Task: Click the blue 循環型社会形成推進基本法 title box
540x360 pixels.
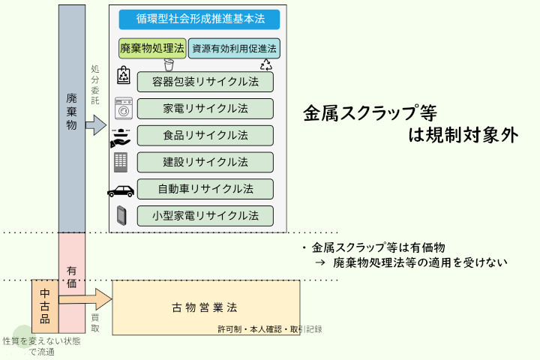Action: (199, 19)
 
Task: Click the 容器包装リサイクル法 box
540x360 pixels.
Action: (205, 82)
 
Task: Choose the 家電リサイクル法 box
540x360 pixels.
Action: (205, 109)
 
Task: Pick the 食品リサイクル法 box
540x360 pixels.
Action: (205, 136)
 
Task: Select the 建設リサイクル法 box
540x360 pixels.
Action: (205, 162)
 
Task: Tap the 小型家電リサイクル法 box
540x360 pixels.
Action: (205, 216)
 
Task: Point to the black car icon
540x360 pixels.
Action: (122, 190)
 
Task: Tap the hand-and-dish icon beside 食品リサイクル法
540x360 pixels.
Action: (121, 136)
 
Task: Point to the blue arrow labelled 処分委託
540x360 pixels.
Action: (94, 125)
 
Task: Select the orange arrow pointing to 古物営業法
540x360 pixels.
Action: (84, 300)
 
